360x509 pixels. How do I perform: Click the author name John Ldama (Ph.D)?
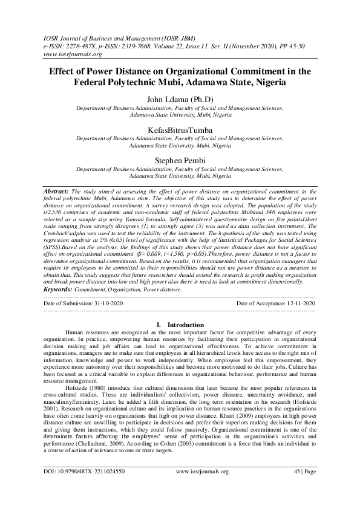coord(180,99)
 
